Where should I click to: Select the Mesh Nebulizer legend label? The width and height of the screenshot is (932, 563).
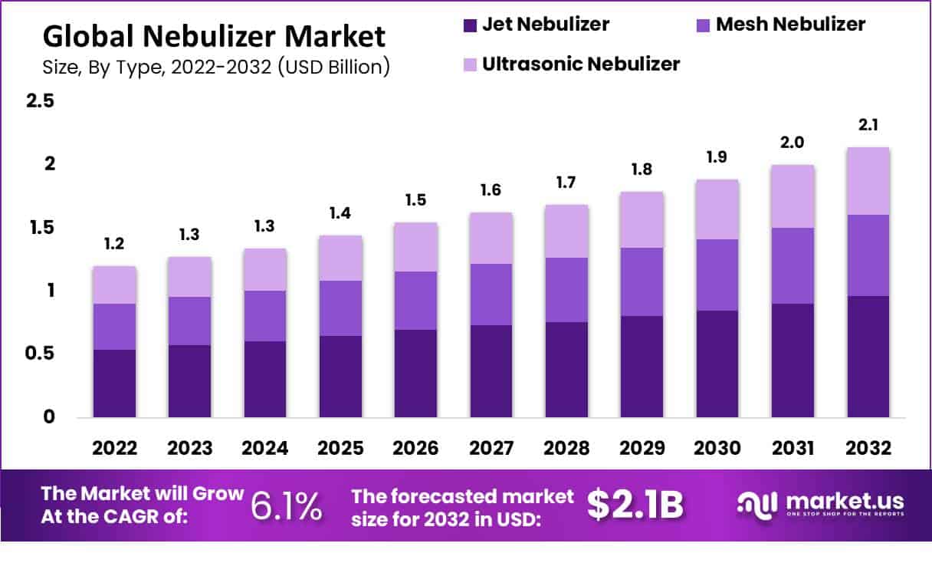tap(790, 25)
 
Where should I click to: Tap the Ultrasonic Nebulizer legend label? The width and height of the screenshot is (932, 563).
tap(581, 64)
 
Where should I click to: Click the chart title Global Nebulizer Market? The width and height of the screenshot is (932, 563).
tap(214, 36)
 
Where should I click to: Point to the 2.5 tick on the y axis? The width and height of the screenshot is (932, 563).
tap(40, 101)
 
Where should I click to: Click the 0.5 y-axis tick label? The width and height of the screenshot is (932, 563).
tap(40, 354)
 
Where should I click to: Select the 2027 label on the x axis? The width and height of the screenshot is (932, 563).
tap(491, 449)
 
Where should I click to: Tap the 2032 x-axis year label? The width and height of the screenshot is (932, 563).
tap(868, 449)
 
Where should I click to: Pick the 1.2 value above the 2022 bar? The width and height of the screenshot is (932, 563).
tap(114, 245)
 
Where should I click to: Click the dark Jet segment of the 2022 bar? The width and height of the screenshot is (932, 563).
tap(114, 384)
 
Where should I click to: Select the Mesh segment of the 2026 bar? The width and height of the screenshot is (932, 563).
tap(415, 301)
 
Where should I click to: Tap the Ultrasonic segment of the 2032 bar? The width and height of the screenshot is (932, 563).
tap(868, 181)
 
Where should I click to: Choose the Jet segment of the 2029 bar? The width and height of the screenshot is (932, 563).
tap(642, 367)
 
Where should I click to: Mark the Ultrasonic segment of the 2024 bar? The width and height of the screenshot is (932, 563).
tap(264, 270)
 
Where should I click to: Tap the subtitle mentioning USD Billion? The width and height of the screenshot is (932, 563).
tap(216, 67)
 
